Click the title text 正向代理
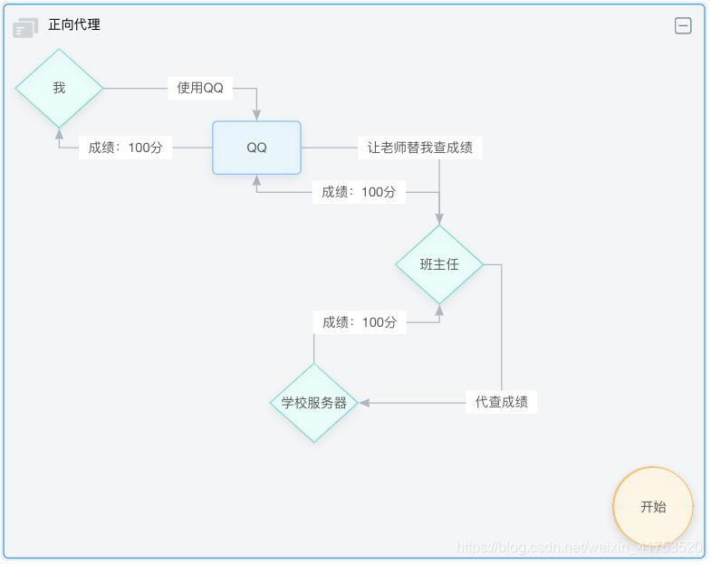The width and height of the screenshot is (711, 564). tap(74, 25)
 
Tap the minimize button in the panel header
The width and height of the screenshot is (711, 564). tap(683, 26)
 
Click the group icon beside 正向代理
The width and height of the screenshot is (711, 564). tap(25, 28)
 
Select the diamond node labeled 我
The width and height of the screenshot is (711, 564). tap(59, 88)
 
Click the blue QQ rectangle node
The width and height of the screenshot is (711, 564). tap(256, 148)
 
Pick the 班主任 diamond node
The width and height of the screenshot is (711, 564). tap(439, 264)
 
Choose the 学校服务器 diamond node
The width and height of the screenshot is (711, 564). tap(313, 403)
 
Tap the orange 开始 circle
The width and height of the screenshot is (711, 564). tap(653, 507)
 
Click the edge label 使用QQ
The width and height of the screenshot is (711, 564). tap(200, 88)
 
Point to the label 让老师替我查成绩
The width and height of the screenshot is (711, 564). tap(419, 148)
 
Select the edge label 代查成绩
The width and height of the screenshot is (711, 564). tap(501, 402)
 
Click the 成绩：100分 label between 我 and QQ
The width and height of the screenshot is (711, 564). tap(125, 148)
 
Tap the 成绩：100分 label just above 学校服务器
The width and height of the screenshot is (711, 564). tap(360, 322)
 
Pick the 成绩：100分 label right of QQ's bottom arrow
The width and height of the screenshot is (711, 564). tap(359, 192)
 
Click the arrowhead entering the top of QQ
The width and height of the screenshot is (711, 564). tap(257, 115)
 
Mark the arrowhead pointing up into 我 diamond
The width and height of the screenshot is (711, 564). tap(59, 134)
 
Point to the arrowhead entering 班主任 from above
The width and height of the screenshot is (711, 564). tap(439, 218)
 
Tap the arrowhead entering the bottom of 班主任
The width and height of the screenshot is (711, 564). tap(439, 311)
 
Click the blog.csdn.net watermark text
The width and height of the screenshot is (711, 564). tap(580, 548)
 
